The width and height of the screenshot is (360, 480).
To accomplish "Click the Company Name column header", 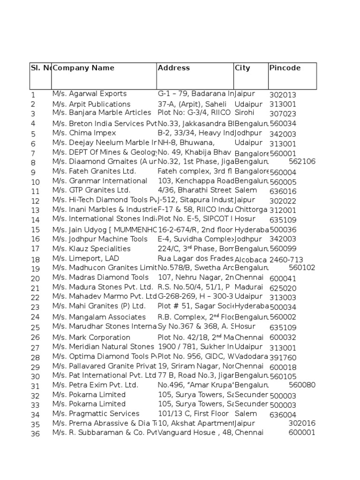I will pos(83,68).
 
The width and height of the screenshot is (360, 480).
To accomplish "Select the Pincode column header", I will pos(285,68).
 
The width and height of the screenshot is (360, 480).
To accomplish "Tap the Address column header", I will pos(174,68).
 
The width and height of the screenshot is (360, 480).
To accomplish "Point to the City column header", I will pos(242,68).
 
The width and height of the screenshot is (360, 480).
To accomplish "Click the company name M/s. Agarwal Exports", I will pos(90,94).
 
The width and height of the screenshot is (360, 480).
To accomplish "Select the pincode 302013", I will pos(283,95).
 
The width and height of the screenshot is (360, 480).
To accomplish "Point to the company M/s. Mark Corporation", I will pos(91,337).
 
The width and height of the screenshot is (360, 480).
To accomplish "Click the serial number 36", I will pos(35,434).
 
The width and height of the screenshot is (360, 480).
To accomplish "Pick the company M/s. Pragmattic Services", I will pos(96,413).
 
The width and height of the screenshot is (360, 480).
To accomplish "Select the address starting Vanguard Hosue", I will pos(195,433).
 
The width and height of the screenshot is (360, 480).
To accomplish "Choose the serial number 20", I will pos(35,278).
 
